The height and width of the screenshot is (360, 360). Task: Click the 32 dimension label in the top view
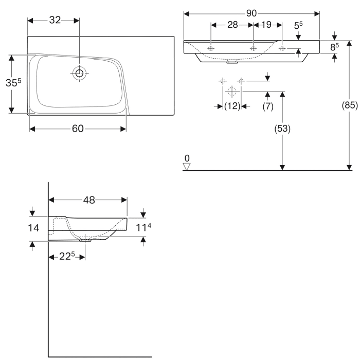pyautogui.click(x=55, y=20)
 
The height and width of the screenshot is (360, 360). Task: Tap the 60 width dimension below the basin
pyautogui.click(x=77, y=129)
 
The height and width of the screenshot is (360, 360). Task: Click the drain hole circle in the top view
pyautogui.click(x=79, y=73)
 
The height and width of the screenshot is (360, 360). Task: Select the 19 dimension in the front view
pyautogui.click(x=266, y=25)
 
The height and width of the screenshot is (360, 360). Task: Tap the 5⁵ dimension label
pyautogui.click(x=298, y=25)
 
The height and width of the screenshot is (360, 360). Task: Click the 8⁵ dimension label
pyautogui.click(x=335, y=47)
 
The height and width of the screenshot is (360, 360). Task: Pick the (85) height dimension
pyautogui.click(x=349, y=106)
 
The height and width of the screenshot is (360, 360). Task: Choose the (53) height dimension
pyautogui.click(x=282, y=129)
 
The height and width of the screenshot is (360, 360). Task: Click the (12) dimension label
pyautogui.click(x=232, y=106)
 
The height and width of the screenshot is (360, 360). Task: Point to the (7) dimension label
pyautogui.click(x=267, y=106)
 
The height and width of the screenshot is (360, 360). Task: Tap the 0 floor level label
pyautogui.click(x=187, y=158)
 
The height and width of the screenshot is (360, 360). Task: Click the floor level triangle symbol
pyautogui.click(x=187, y=166)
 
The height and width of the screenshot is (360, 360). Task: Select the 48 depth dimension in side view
pyautogui.click(x=89, y=200)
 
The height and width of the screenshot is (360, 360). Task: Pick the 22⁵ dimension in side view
pyautogui.click(x=66, y=256)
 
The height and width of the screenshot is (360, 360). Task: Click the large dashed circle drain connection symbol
pyautogui.click(x=231, y=92)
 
